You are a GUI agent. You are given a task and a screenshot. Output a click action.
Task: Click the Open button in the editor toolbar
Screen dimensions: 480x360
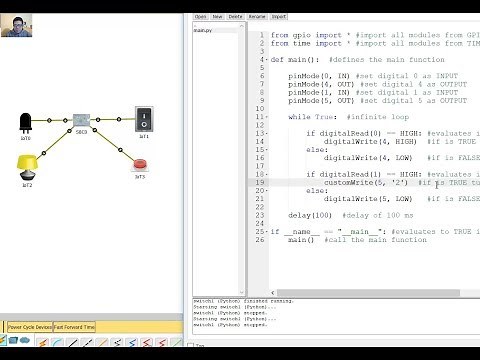(x=200, y=17)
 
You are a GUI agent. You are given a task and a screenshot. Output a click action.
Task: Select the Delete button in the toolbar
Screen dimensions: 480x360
(x=236, y=17)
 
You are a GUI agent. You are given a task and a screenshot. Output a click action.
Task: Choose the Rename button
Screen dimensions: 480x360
(x=257, y=17)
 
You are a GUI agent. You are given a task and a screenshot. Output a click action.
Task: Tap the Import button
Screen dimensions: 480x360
(x=279, y=17)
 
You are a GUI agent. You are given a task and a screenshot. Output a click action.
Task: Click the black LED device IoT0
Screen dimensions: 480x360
(x=25, y=122)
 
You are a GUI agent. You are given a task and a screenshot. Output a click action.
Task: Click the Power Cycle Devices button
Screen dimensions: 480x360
(x=30, y=327)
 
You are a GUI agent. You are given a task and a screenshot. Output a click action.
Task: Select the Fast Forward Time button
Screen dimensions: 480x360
(x=75, y=327)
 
